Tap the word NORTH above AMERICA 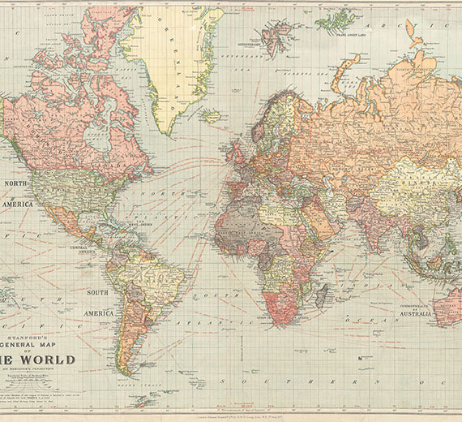click(17, 183)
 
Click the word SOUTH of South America click(98, 292)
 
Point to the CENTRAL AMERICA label click(79, 249)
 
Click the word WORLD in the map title click(49, 360)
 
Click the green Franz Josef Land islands click(335, 19)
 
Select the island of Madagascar click(321, 295)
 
